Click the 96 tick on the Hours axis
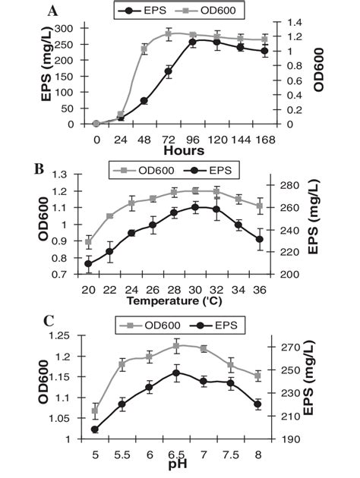[192, 140]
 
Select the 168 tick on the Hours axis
[264, 140]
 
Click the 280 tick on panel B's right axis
[288, 185]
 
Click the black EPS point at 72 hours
[169, 72]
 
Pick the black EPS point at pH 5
[95, 429]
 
